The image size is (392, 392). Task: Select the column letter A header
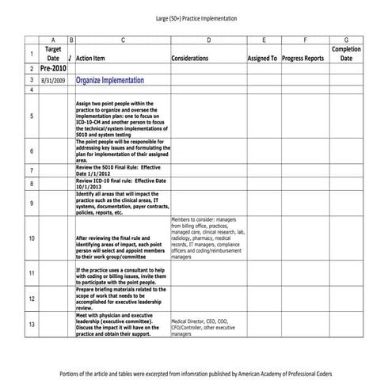53,39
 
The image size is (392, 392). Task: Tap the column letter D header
207,39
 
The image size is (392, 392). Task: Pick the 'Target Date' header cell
53,53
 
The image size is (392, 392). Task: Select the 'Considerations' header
189,58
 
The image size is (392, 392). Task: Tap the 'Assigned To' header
262,58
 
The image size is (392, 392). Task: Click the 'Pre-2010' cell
53,69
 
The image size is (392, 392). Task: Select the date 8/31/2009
53,80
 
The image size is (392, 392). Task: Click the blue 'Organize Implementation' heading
110,80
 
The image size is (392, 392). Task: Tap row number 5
31,116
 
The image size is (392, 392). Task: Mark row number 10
31,238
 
